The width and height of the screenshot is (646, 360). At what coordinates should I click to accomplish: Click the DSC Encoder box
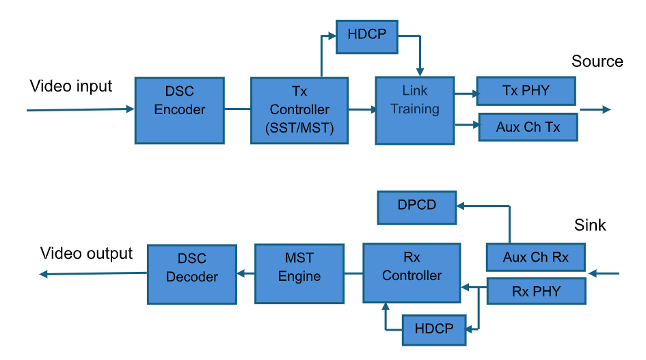(x=179, y=110)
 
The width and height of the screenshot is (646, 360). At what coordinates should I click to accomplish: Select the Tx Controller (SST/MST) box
(x=299, y=110)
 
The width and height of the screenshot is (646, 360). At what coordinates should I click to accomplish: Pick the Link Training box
(x=415, y=110)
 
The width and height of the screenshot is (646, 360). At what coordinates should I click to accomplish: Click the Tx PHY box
(x=526, y=91)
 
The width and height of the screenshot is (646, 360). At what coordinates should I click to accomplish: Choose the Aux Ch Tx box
(x=528, y=128)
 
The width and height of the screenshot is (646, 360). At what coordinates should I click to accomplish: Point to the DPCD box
(x=417, y=207)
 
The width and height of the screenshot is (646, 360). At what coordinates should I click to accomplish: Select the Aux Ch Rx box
(x=536, y=258)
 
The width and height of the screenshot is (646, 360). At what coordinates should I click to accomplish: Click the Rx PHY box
(x=536, y=291)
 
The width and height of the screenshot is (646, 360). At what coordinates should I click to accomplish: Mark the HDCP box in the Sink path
(x=434, y=329)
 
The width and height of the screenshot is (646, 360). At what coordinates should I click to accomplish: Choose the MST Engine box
(x=299, y=267)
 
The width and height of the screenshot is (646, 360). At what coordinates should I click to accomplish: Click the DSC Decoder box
(x=192, y=268)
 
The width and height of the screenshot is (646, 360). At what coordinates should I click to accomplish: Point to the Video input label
(x=71, y=87)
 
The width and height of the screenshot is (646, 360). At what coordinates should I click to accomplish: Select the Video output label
(x=87, y=253)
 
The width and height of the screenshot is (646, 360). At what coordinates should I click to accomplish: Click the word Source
(x=597, y=61)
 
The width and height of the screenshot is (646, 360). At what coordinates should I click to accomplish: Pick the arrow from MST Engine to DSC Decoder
(x=245, y=274)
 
